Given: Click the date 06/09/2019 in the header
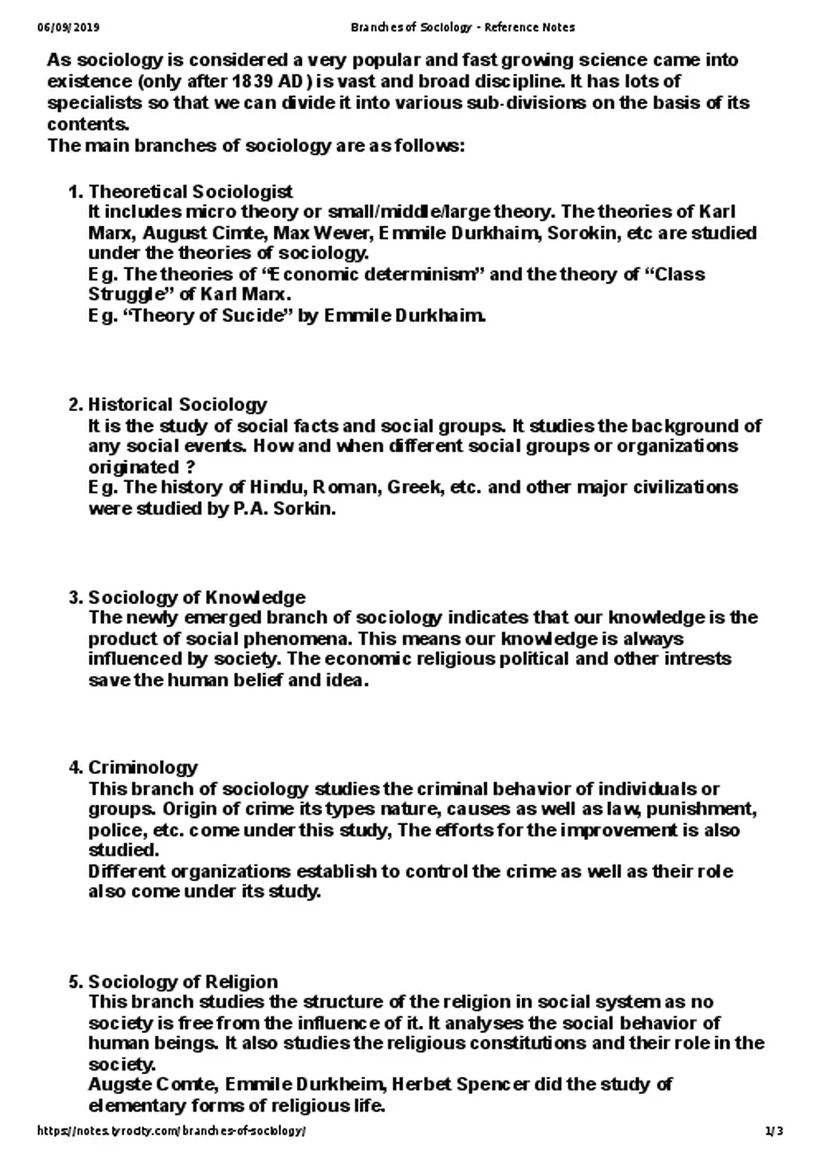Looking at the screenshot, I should point(68,27).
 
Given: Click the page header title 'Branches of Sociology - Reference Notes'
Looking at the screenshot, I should point(462,27).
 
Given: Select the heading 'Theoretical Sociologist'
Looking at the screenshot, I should point(190,191).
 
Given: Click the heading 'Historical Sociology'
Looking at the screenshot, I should point(177,404).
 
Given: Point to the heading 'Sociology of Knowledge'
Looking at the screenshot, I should point(197,597).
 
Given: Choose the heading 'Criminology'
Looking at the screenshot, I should point(143,767).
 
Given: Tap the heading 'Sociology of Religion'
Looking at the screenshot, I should point(183,981).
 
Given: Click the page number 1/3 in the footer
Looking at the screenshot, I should point(774,1131).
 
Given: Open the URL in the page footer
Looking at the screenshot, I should point(171,1131).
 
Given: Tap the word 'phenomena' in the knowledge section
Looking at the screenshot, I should point(296,639).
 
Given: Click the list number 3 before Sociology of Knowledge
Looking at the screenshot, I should point(74,597).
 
